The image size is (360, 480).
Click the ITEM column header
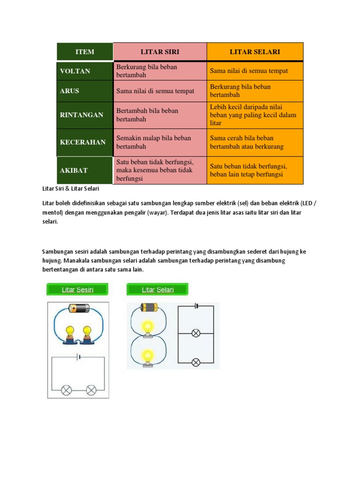[x=85, y=52]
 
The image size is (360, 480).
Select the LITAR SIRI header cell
[x=160, y=52]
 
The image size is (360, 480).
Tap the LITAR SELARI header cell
[x=255, y=52]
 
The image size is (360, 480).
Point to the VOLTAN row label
[x=75, y=71]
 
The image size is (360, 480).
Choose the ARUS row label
[x=69, y=91]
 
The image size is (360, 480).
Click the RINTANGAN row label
[x=82, y=115]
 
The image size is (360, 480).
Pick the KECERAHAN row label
[x=82, y=142]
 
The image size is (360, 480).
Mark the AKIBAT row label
[x=74, y=170]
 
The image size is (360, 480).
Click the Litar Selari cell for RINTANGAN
[x=255, y=115]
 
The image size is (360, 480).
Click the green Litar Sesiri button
[x=77, y=289]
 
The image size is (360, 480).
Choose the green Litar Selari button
[x=157, y=289]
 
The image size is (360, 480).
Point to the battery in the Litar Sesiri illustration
[x=78, y=308]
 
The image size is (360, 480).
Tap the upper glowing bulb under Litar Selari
[x=148, y=327]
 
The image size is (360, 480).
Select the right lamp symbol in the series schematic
[x=91, y=390]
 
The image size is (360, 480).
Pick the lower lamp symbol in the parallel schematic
[x=196, y=362]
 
